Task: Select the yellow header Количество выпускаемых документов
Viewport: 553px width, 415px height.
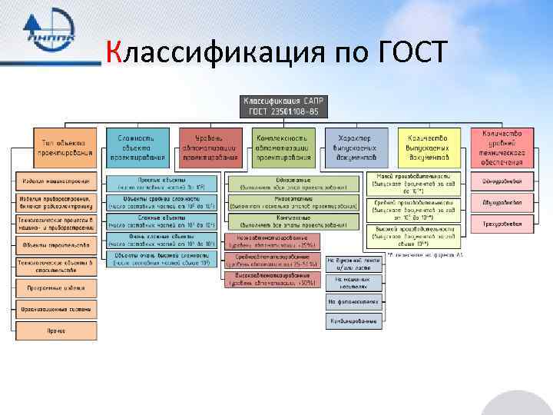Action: pos(429,147)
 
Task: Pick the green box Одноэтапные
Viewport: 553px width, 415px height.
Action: pos(293,182)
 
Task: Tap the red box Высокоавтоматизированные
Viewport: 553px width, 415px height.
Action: pos(268,281)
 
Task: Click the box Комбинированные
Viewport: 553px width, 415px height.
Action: pos(354,320)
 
